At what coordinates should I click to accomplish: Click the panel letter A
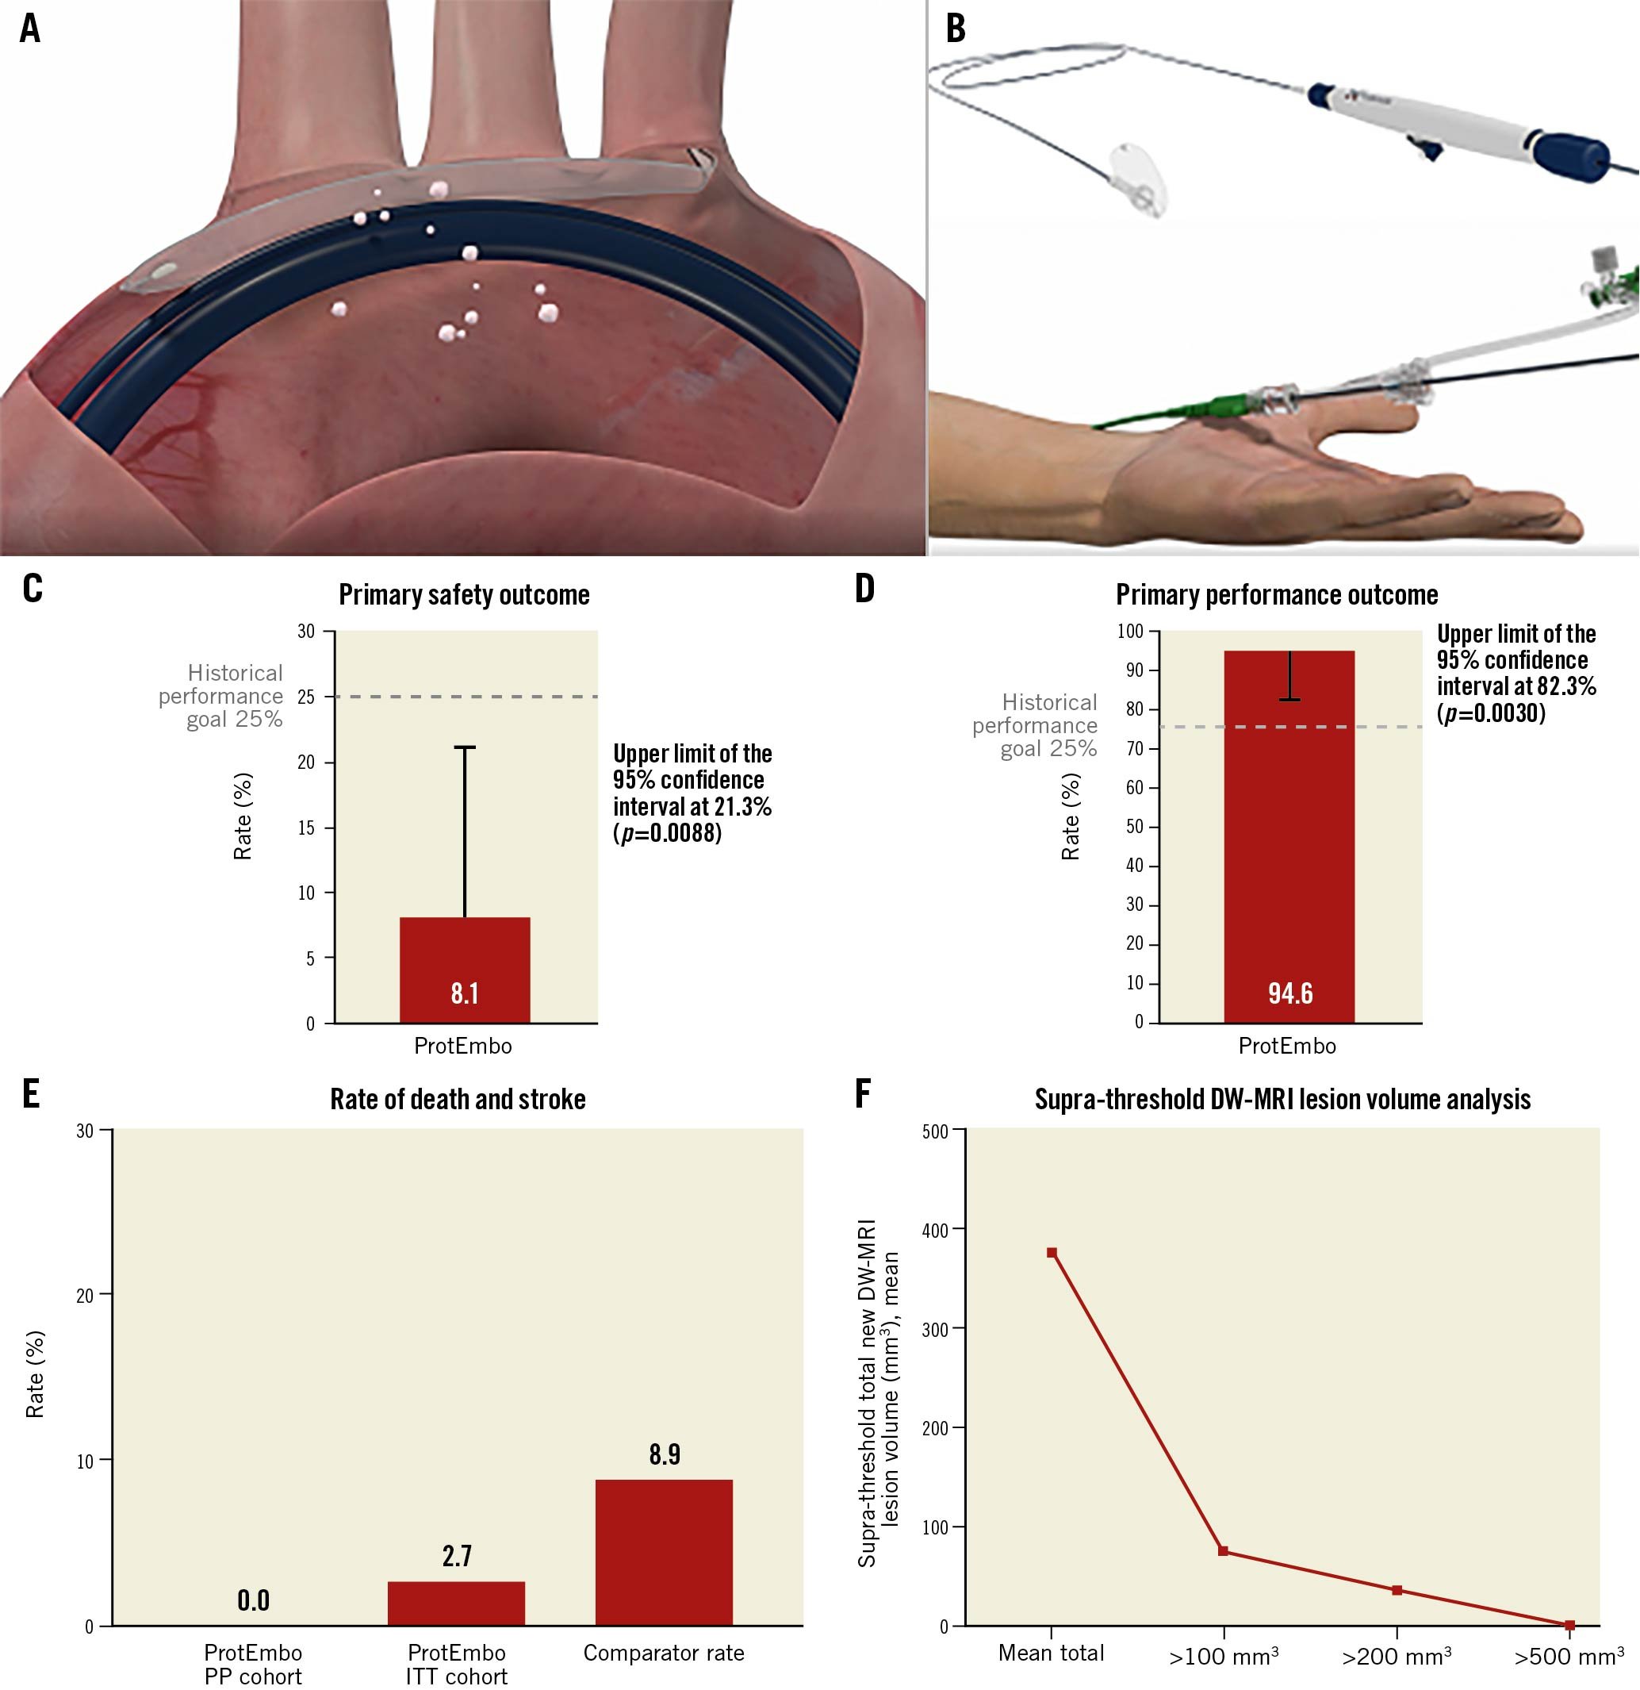tap(30, 29)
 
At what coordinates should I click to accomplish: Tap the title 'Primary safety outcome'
tap(464, 595)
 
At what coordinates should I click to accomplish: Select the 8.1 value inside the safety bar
tap(465, 993)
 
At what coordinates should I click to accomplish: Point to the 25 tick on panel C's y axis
tap(306, 697)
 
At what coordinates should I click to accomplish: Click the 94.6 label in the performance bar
tap(1289, 993)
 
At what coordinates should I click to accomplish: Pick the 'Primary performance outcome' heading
tap(1276, 595)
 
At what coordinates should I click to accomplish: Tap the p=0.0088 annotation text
tap(667, 833)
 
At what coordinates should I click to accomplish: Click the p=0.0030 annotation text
tap(1491, 713)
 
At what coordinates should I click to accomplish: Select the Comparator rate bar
tap(664, 1552)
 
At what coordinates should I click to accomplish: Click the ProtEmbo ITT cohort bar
tap(456, 1603)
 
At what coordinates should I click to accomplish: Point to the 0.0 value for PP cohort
tap(253, 1600)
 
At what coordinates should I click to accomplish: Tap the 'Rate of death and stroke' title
tap(458, 1100)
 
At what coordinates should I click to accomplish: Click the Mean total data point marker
tap(1052, 1253)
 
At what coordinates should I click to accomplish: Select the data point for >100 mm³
tap(1223, 1551)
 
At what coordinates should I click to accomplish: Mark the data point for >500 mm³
tap(1569, 1625)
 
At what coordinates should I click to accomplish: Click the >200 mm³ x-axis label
tap(1396, 1657)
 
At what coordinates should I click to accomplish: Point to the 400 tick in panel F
tap(935, 1231)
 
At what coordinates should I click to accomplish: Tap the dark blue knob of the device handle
tap(1569, 155)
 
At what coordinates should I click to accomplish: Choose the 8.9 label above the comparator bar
tap(665, 1454)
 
